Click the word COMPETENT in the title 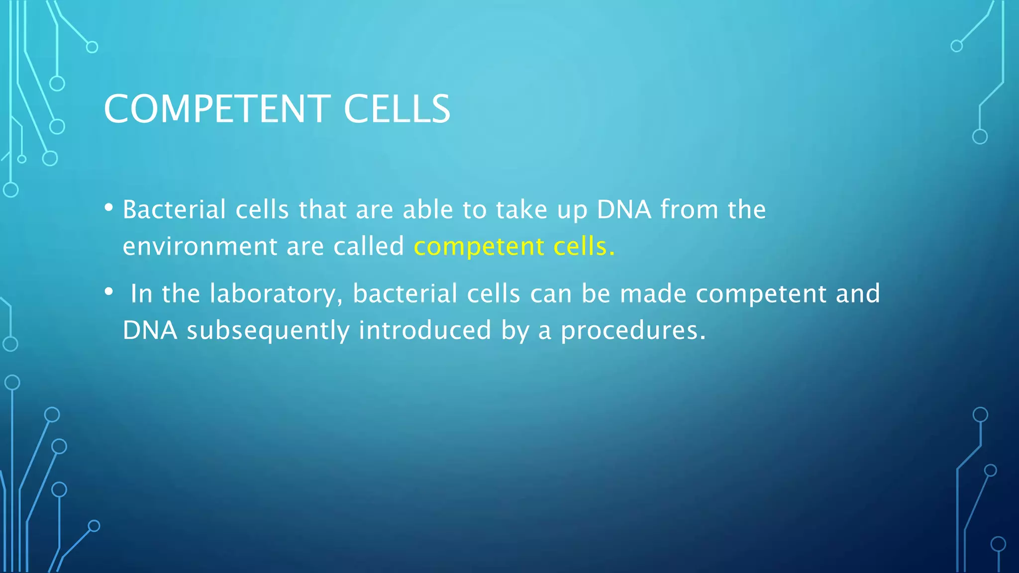(x=217, y=109)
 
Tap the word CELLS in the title (x=397, y=109)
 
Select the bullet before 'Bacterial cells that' (x=109, y=207)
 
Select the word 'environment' (x=200, y=246)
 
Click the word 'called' (x=369, y=246)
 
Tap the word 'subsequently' (x=268, y=331)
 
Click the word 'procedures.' (x=633, y=331)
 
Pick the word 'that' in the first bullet (x=322, y=209)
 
